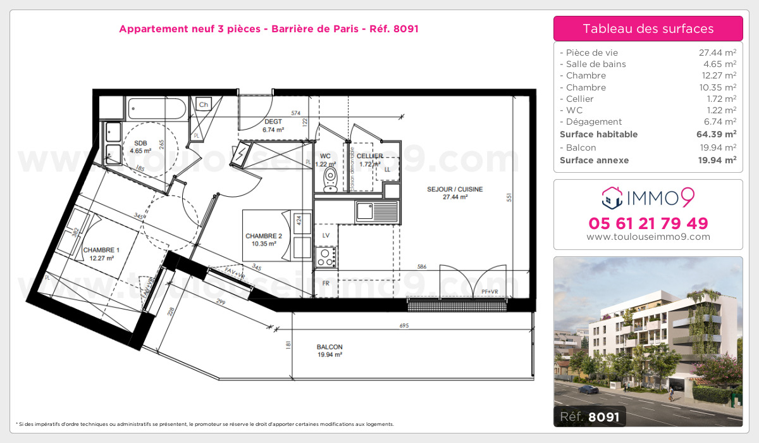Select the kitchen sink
[377, 211]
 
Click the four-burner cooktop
[326, 256]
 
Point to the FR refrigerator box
[326, 283]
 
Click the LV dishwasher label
[326, 235]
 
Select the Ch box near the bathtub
[204, 104]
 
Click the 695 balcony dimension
[405, 326]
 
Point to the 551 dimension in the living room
[508, 197]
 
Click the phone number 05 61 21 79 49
[648, 223]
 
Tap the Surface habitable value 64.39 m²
[718, 134]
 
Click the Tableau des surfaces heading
[648, 28]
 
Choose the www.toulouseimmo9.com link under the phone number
[648, 237]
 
